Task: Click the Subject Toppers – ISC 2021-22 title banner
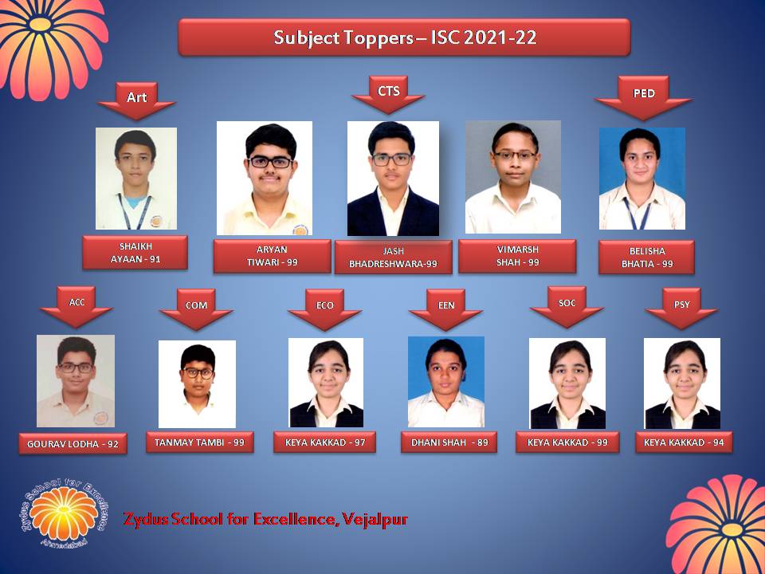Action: pos(404,37)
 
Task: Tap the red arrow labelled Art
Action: pos(136,101)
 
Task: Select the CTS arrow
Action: pos(388,95)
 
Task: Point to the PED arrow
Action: pos(644,97)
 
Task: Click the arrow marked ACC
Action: pos(76,306)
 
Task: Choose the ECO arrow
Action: pos(324,309)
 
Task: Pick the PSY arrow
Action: pos(681,309)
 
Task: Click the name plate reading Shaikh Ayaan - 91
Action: pos(135,253)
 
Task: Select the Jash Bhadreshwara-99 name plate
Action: pos(393,258)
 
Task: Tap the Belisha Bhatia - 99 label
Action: pos(646,258)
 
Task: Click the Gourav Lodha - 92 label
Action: pos(73,444)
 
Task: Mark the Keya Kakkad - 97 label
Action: pos(325,442)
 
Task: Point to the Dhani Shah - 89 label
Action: pos(449,442)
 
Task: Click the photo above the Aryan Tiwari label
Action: pos(265,178)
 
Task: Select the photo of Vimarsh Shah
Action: pos(512,177)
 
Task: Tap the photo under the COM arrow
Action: pos(197,384)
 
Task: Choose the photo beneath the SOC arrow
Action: pos(567,383)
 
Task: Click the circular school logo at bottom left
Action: pos(64,512)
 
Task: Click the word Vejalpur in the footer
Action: pos(375,519)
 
